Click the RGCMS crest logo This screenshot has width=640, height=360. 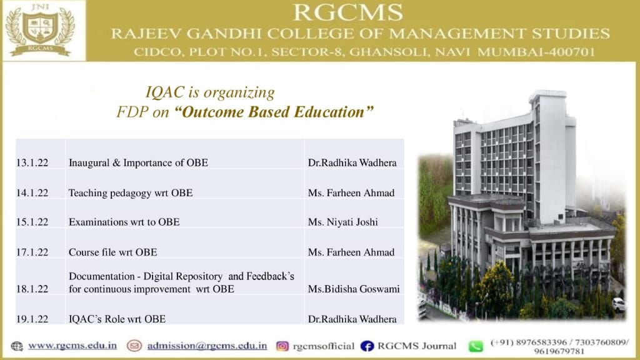coord(40,30)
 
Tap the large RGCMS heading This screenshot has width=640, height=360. coord(348,12)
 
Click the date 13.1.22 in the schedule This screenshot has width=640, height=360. coord(32,163)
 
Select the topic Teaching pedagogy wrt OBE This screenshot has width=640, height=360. coord(130,192)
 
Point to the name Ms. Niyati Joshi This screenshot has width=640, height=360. coord(343,222)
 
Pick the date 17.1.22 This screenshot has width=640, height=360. coord(32,252)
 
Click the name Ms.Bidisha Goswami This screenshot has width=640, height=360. coord(354,289)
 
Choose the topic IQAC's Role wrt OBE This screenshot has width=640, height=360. coord(117,319)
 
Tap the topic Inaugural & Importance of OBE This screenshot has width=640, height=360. coord(138,163)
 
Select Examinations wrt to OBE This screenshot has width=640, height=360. coord(124,222)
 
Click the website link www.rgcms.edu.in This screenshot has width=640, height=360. coord(72,346)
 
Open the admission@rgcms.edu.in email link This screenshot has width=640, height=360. coord(207,346)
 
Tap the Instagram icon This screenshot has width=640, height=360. coord(282,346)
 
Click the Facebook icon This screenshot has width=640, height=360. coord(367,346)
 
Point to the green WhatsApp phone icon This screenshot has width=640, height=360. coord(476,346)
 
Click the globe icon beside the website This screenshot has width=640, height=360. coord(17,346)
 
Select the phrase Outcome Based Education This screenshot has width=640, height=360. coord(274,112)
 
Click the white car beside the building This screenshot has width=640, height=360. coord(618,304)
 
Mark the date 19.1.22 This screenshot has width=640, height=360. coord(32,319)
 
